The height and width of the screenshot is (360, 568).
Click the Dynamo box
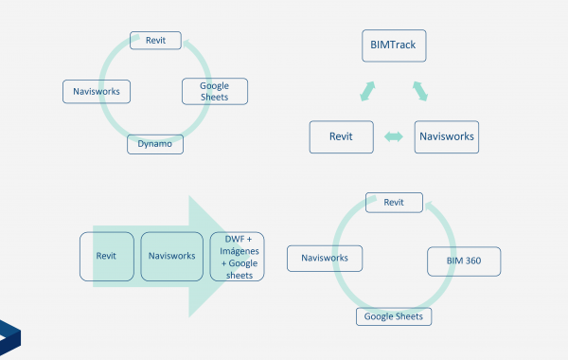[155, 144]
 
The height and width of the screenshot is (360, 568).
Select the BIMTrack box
[394, 45]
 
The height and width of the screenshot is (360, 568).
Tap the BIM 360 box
[464, 261]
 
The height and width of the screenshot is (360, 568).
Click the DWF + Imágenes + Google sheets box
[238, 257]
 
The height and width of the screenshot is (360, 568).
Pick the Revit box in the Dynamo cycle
[156, 40]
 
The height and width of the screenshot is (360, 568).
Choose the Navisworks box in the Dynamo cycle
[97, 92]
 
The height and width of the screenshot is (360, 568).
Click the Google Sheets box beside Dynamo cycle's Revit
[215, 91]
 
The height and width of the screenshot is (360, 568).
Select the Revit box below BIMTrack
[341, 137]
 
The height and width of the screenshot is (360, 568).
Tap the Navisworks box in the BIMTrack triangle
[447, 137]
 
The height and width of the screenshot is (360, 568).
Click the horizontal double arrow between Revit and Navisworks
[394, 136]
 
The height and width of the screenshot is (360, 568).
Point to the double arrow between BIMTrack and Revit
[367, 91]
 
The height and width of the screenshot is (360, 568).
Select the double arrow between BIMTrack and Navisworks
[420, 91]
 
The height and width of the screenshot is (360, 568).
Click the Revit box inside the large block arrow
[107, 257]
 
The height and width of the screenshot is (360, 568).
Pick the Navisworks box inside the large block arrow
[172, 257]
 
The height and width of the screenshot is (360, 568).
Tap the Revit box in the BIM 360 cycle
[394, 203]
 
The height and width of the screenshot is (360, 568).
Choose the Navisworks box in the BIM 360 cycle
[325, 259]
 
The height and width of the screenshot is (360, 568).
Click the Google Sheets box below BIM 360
[394, 316]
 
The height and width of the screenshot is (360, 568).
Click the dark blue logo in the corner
[9, 337]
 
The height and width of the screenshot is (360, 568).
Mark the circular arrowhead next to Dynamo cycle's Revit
[189, 45]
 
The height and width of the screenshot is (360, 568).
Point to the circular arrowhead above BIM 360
[431, 208]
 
